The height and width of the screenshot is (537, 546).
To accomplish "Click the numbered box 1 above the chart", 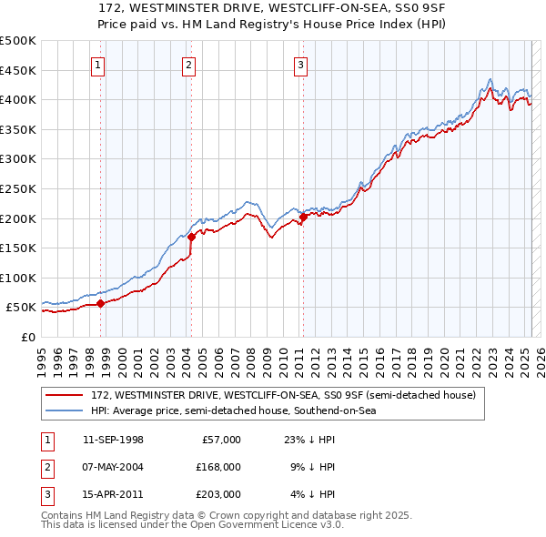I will [97, 65].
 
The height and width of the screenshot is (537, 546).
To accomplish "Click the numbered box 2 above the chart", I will [188, 65].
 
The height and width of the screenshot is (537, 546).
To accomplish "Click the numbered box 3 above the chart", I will [300, 65].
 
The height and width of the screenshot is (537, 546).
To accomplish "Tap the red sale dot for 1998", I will [101, 304].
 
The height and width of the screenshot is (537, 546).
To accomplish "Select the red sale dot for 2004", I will [192, 238].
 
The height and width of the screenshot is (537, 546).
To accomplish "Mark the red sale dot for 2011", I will [304, 217].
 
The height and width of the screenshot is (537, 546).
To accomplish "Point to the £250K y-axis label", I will [18, 188].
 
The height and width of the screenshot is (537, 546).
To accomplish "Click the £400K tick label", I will [18, 99].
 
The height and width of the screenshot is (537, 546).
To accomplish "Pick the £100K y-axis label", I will [18, 278].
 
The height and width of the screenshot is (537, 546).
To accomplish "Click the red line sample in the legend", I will [65, 396].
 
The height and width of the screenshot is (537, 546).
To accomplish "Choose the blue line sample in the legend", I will [65, 411].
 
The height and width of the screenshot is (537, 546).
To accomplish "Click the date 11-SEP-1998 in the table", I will [113, 440].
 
